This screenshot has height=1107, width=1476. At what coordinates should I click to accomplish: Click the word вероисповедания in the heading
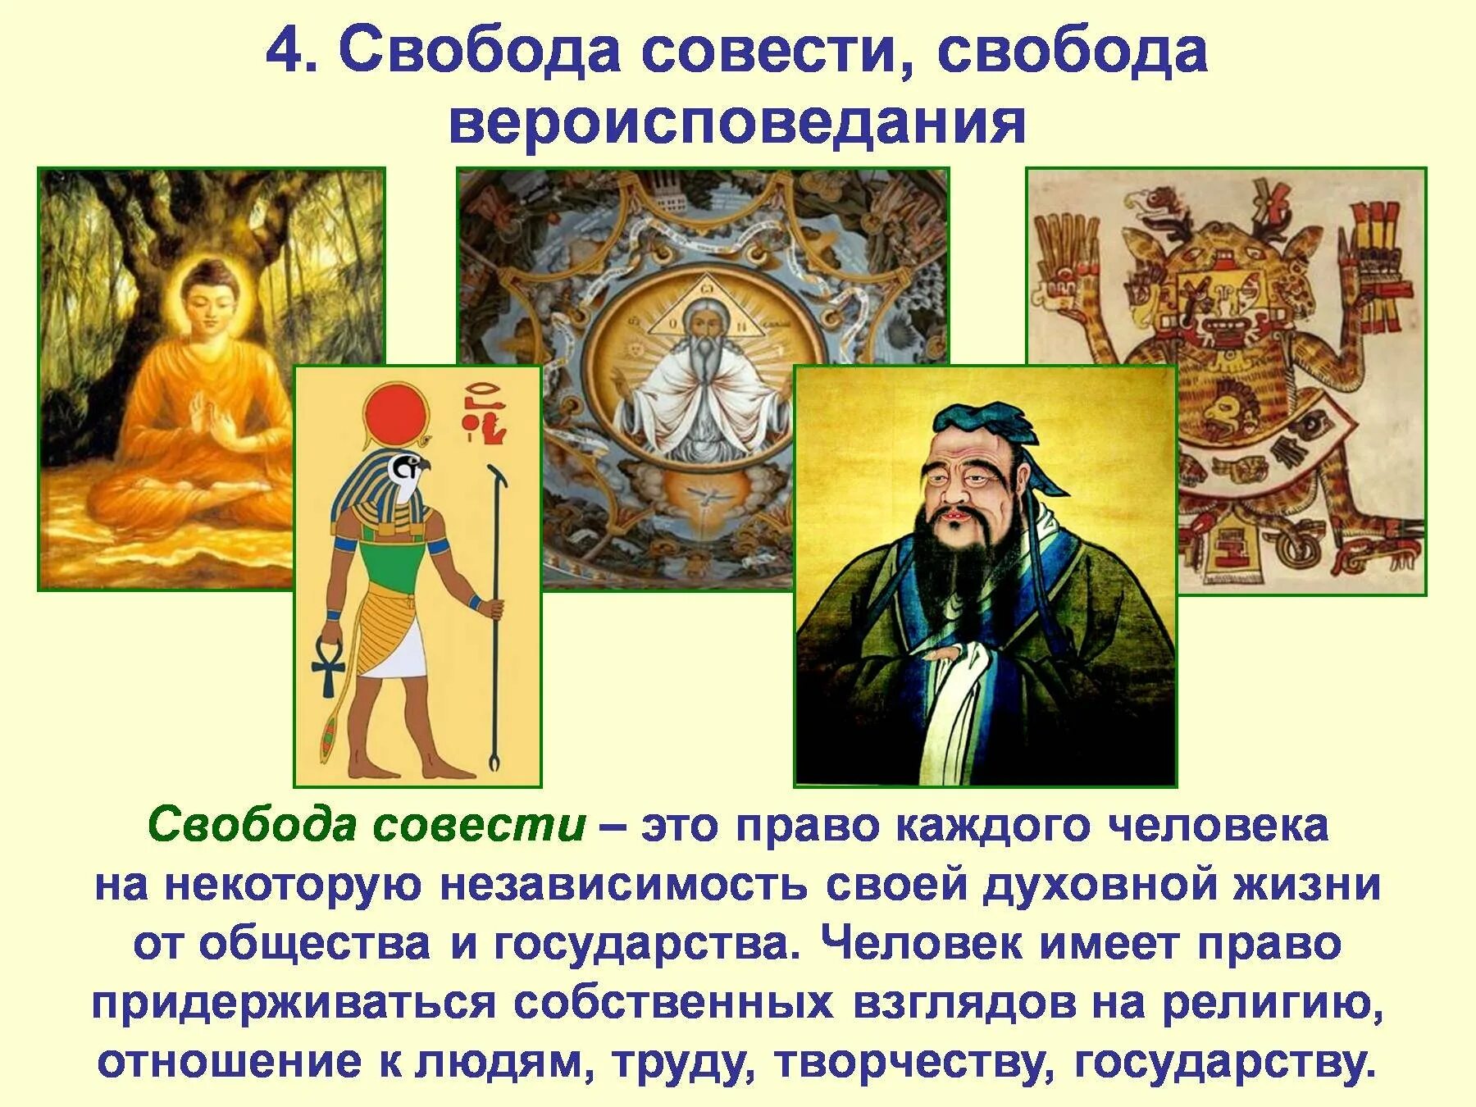click(x=737, y=124)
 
